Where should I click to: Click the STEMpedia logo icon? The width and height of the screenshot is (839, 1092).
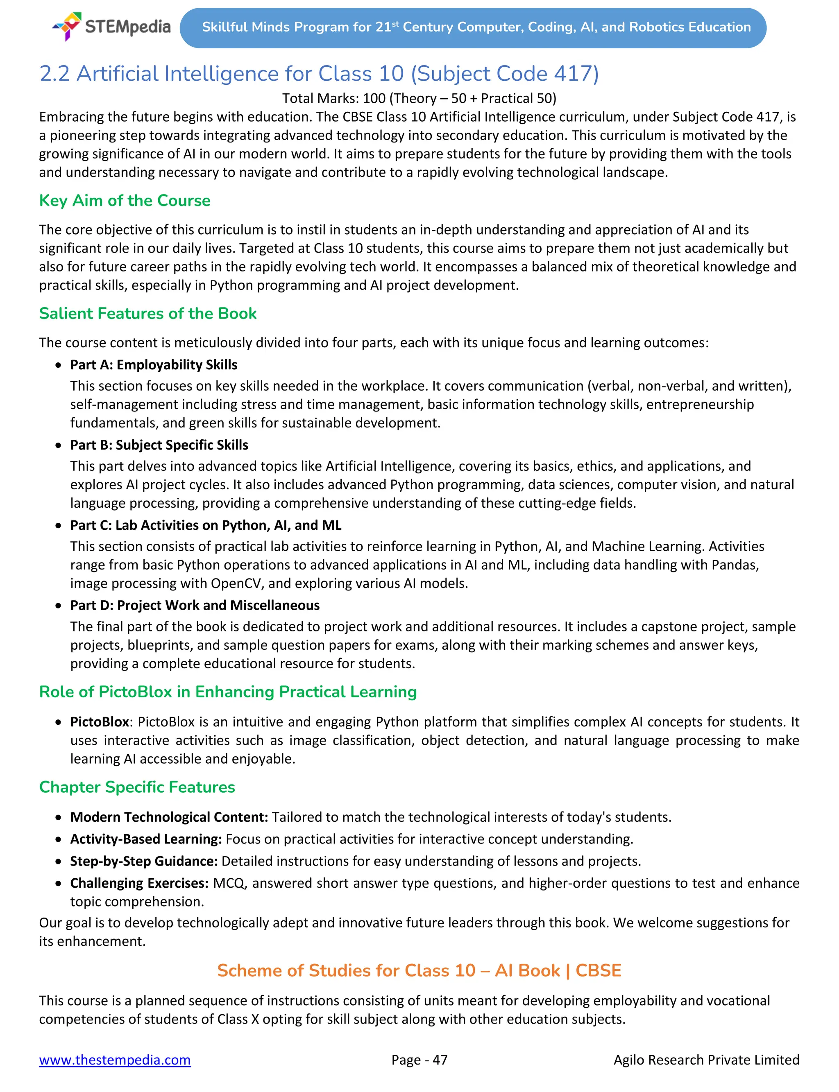68,26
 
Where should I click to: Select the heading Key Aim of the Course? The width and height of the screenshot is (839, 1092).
125,201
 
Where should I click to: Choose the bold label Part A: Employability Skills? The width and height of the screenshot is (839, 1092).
154,365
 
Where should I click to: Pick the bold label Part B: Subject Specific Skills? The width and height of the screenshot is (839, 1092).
159,445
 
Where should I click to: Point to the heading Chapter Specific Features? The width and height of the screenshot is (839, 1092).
137,787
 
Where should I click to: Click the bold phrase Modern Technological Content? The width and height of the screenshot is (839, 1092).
169,817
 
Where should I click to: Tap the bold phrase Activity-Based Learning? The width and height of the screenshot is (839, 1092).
146,839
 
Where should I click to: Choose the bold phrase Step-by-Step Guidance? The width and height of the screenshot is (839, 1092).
144,861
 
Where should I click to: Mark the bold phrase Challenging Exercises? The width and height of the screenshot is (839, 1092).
139,883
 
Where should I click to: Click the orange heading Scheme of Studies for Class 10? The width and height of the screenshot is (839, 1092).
419,970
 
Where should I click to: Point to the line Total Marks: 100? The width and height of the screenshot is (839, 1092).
419,98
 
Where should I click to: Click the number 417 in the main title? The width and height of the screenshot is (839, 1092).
573,74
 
